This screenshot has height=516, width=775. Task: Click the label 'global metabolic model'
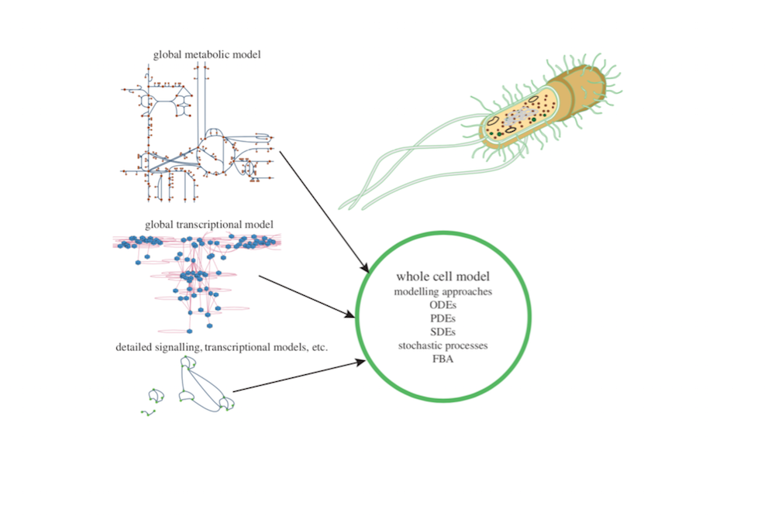pos(207,55)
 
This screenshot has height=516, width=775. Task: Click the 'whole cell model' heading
pos(443,277)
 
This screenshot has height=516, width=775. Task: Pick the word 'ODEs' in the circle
pos(443,305)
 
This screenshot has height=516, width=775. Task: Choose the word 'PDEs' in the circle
pos(443,318)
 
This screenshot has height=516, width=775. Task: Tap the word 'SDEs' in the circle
pos(443,332)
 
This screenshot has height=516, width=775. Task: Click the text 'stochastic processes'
pos(443,345)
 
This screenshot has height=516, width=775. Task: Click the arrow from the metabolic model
pos(322,209)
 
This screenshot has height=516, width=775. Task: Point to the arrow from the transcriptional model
pos(306,295)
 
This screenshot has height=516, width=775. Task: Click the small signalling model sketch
pos(194,387)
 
